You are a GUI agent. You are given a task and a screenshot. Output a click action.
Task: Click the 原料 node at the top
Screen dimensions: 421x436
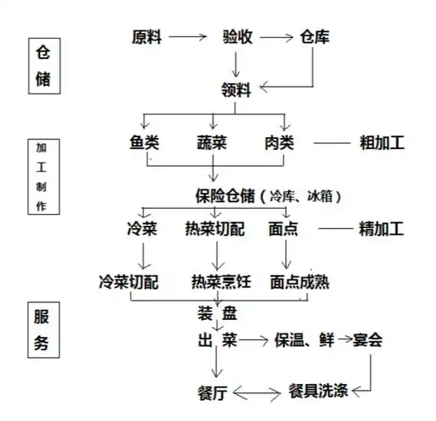coord(150,37)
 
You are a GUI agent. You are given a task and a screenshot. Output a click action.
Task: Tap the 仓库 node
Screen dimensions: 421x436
coord(316,37)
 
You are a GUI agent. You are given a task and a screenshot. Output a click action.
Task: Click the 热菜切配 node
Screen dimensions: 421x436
coord(218,228)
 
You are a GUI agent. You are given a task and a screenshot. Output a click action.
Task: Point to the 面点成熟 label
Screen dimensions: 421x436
coord(300,281)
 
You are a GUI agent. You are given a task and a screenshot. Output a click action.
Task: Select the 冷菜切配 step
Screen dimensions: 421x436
coord(129,281)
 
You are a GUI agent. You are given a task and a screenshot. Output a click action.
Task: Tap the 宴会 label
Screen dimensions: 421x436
coord(369,341)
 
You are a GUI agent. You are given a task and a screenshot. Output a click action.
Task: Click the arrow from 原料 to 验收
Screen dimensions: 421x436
coord(190,37)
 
